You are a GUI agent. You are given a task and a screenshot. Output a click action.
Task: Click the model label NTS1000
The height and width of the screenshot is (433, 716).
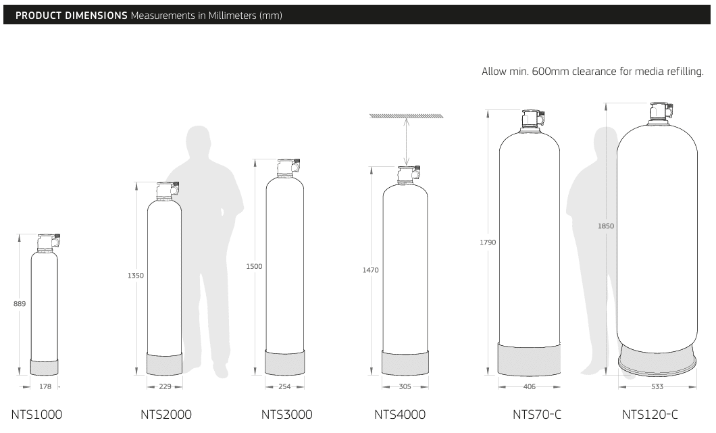36,414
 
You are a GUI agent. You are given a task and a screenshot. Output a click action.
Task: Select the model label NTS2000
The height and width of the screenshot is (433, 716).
166,414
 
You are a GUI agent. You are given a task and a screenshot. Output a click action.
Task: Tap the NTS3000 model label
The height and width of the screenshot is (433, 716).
287,414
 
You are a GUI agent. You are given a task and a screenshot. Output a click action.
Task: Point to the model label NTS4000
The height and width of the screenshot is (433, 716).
400,414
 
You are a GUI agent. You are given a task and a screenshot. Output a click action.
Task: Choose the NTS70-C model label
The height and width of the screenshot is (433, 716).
537,414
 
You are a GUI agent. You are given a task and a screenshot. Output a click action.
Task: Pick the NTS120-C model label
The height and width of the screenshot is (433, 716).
650,414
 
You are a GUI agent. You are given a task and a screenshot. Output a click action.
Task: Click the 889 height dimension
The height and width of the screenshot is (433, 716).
20,303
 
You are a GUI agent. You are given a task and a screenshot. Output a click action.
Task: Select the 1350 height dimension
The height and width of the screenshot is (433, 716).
136,276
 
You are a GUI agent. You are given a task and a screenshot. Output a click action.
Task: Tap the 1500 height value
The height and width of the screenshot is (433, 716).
255,266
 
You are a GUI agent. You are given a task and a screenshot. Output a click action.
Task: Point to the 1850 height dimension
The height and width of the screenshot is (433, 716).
606,226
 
